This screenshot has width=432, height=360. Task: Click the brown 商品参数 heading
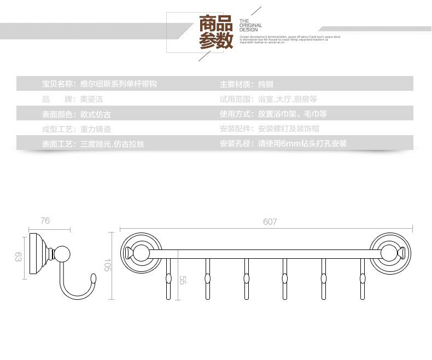tap(215, 32)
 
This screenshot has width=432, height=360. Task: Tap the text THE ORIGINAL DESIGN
tap(250, 26)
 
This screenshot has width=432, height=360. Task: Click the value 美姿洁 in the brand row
tap(91, 99)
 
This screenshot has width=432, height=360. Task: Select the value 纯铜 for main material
tap(265, 84)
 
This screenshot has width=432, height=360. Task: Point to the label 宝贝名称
tap(59, 84)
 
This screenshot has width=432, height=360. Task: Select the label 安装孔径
tap(237, 144)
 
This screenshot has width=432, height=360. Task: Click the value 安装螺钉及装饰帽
tap(288, 129)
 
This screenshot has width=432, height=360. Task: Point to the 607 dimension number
tap(270, 222)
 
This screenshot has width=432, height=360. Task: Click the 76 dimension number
tap(45, 220)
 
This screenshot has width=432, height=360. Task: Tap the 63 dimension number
tap(18, 257)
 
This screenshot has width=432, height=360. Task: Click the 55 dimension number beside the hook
tap(183, 280)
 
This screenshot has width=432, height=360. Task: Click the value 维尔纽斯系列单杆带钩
tap(119, 84)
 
